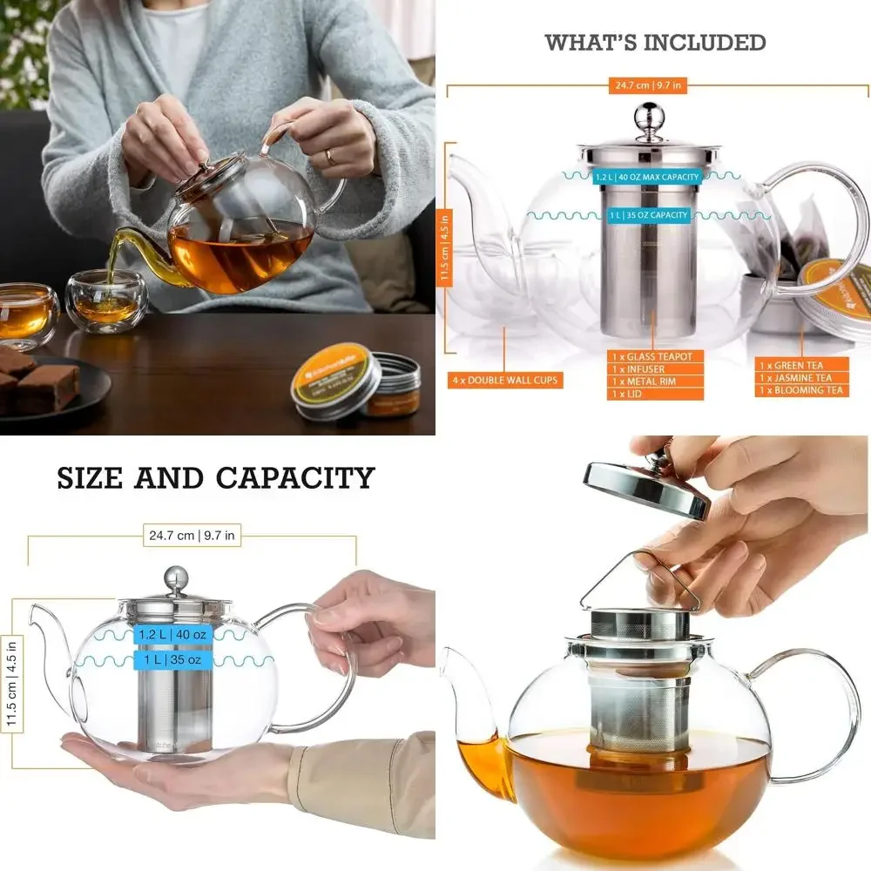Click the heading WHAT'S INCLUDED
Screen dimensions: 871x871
[x=655, y=42]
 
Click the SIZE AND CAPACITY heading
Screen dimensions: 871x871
[x=216, y=477]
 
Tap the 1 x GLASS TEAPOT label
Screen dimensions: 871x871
[x=654, y=357]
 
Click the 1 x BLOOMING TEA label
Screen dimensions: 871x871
[x=801, y=390]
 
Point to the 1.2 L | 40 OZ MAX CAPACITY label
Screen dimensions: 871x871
[x=646, y=178]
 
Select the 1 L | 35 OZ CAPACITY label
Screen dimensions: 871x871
[x=646, y=215]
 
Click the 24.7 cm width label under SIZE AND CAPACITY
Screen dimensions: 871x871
[x=192, y=536]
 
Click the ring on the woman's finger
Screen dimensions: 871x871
[x=328, y=156]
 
